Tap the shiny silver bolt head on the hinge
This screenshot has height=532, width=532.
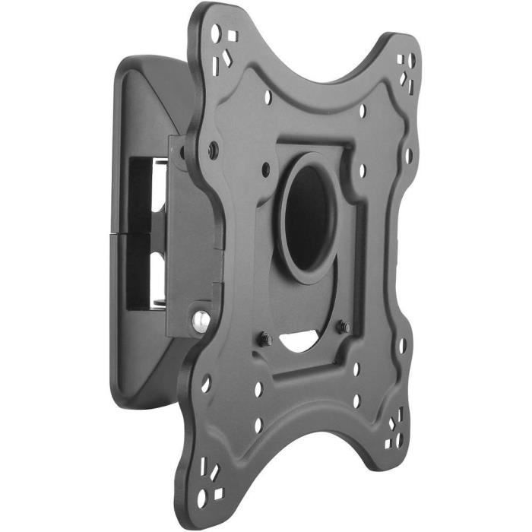pyautogui.click(x=201, y=321)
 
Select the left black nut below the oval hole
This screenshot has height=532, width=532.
pyautogui.click(x=265, y=340)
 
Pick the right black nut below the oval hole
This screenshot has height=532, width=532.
pyautogui.click(x=344, y=328)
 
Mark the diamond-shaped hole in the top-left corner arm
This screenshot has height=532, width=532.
pyautogui.click(x=228, y=54)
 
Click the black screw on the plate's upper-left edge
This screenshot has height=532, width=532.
pyautogui.click(x=213, y=150)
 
